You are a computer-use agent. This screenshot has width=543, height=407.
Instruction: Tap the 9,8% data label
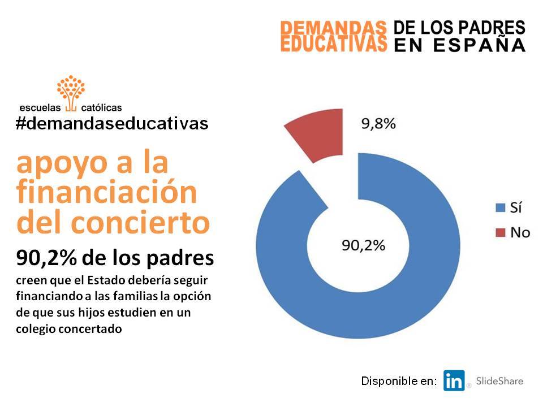point(378,124)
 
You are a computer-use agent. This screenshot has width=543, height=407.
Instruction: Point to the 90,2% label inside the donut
point(363,245)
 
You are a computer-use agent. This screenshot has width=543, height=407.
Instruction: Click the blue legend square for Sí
point(501,207)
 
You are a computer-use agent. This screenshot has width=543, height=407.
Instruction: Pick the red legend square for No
point(501,232)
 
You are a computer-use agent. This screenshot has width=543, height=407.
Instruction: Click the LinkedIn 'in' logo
point(454,380)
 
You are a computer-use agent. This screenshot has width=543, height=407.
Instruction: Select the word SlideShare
point(499,381)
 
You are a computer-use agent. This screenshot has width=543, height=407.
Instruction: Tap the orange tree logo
point(71,93)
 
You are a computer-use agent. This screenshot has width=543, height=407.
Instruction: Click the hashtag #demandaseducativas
point(112,124)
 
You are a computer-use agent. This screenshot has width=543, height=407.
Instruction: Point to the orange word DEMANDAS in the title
point(333,28)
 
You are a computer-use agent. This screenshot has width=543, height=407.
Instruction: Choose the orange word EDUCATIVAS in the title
point(334,44)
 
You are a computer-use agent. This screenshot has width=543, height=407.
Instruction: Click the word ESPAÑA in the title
point(480,45)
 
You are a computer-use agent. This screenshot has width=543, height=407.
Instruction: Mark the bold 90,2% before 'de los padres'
point(46,258)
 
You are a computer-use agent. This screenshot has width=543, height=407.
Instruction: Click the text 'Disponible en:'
point(399,381)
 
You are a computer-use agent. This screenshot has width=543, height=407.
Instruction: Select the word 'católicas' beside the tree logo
point(101,107)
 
